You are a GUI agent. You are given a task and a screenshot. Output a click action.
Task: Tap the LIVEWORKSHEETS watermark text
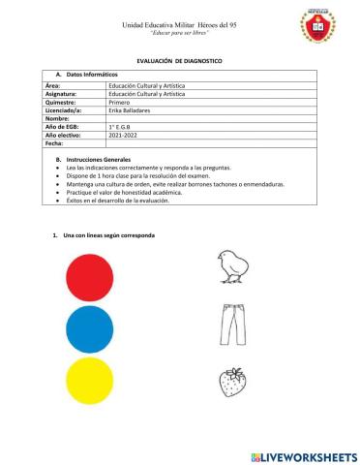[x=304, y=454]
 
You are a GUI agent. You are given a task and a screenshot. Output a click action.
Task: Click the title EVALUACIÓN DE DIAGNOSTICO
[x=179, y=61]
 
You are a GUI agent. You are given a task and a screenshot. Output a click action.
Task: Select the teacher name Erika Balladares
[x=133, y=111]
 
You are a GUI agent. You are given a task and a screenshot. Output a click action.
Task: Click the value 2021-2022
[x=124, y=135]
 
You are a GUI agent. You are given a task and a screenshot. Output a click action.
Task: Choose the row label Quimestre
[x=65, y=104]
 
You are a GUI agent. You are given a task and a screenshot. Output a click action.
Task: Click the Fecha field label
[x=57, y=142]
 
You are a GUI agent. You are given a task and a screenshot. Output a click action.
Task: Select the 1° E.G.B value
[x=122, y=127]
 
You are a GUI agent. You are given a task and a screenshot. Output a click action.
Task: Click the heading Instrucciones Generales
[x=103, y=157]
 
